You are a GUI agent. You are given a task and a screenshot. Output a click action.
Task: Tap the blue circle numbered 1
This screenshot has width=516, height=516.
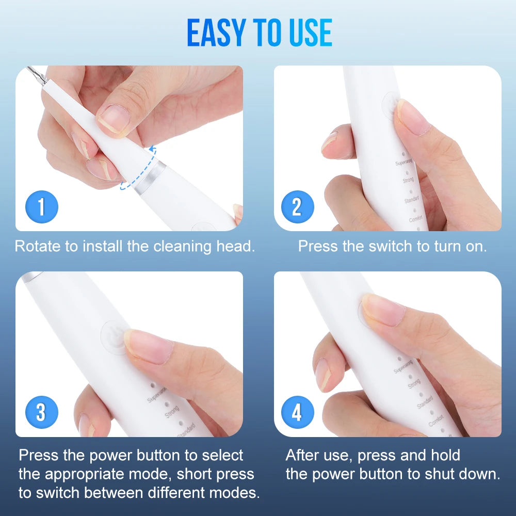coord(42,207)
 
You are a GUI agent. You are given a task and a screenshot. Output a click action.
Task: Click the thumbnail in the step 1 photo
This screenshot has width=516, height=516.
coord(112,121)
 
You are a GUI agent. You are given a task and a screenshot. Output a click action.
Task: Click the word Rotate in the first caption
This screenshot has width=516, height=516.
coord(38,246)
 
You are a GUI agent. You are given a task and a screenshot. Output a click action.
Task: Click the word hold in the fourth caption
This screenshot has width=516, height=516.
coord(443,455)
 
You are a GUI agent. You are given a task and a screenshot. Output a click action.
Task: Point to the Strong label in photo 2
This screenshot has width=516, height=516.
coord(407,180)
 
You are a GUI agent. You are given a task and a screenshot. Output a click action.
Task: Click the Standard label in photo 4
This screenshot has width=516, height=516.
coord(424,402)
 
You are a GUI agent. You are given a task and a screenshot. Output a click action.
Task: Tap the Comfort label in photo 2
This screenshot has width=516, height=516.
coord(415,219)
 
